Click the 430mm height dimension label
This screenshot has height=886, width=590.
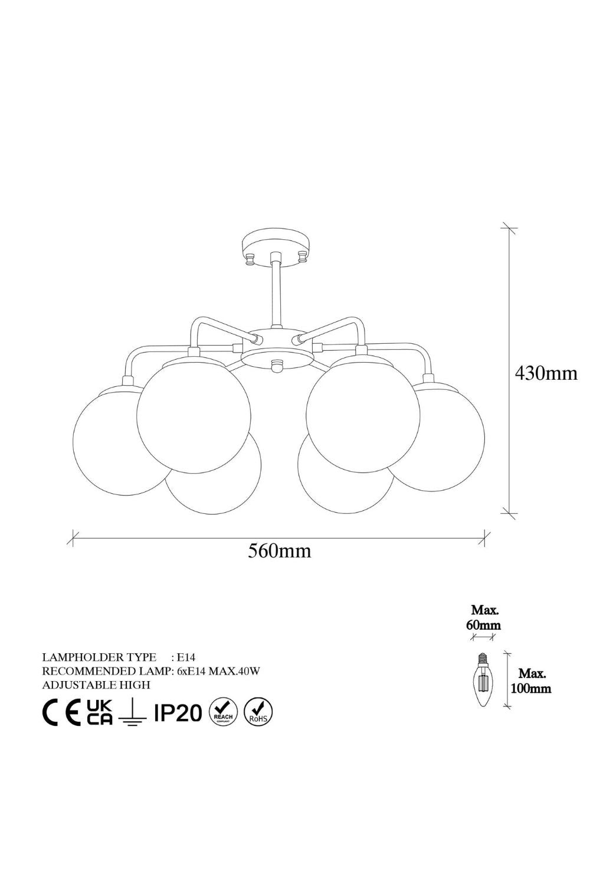coord(546,373)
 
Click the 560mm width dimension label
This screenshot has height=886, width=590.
coord(280,551)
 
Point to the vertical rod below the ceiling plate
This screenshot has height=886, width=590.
coord(276,292)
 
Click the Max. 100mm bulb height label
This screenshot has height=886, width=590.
coord(531,680)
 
